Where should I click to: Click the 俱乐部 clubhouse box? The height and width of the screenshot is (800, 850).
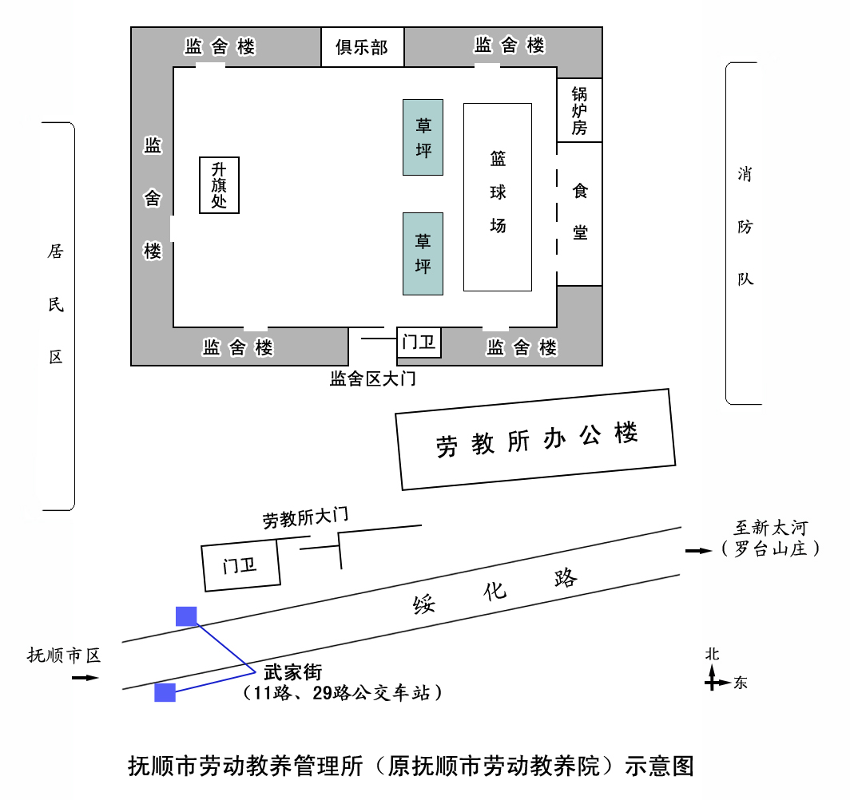(x=362, y=46)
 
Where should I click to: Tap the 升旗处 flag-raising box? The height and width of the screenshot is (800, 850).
(x=219, y=185)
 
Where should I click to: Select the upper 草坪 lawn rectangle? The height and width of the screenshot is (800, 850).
(x=423, y=137)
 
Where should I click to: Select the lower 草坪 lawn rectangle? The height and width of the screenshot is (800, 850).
(x=423, y=253)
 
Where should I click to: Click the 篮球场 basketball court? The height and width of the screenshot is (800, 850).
(x=498, y=197)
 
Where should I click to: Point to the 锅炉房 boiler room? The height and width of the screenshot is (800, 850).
(x=579, y=110)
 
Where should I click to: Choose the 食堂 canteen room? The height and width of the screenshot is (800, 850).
(x=579, y=214)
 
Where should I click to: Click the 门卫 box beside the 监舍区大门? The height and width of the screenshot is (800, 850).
(x=419, y=342)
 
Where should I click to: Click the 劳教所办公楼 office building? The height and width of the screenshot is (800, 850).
(x=535, y=439)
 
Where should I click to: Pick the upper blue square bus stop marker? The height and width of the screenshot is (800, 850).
(x=186, y=616)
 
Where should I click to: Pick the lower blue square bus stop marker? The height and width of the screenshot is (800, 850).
(x=165, y=693)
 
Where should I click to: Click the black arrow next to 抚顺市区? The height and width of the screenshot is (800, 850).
(x=85, y=678)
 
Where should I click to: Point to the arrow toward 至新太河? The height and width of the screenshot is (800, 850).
(x=699, y=551)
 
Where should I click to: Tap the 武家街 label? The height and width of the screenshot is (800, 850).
(x=292, y=672)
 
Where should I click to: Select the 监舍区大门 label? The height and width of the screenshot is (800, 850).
(x=373, y=378)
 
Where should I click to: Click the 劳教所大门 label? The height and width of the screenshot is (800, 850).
(x=305, y=517)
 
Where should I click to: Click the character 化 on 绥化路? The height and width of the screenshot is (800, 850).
(x=495, y=591)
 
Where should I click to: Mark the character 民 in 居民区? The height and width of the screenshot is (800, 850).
(x=56, y=304)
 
